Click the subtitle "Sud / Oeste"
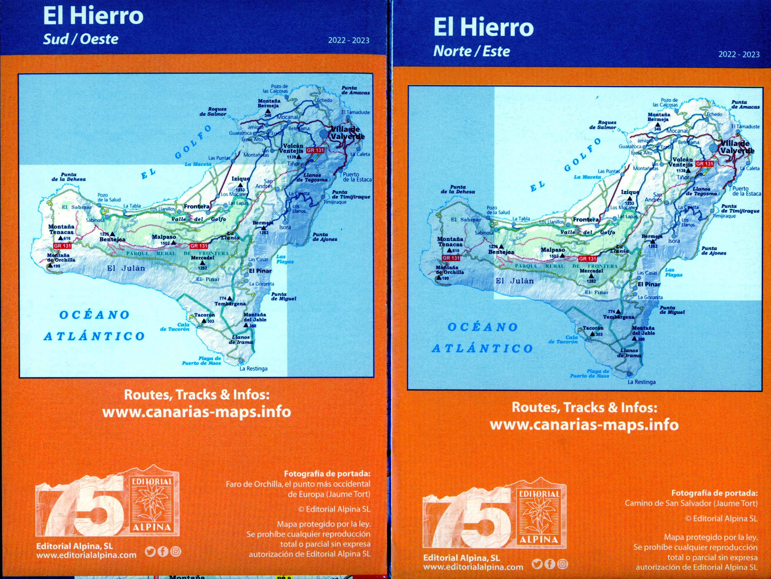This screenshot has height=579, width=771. [x=80, y=39]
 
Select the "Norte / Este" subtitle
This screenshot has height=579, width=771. [x=471, y=51]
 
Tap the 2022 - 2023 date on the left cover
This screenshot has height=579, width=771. [x=348, y=41]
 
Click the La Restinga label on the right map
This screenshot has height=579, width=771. [x=641, y=382]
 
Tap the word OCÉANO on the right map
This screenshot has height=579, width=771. [x=482, y=327]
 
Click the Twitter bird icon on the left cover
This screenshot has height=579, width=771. [x=150, y=551]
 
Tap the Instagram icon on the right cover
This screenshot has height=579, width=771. [x=562, y=564]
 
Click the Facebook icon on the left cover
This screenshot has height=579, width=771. [x=163, y=551]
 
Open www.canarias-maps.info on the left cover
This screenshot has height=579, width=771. [x=197, y=412]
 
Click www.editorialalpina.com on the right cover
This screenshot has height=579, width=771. [x=473, y=567]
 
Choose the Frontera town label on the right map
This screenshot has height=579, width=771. [x=586, y=220]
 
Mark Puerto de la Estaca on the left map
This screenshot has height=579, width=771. [x=357, y=177]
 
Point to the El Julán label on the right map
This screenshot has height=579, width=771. [x=514, y=281]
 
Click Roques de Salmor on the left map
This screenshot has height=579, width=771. [x=213, y=111]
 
